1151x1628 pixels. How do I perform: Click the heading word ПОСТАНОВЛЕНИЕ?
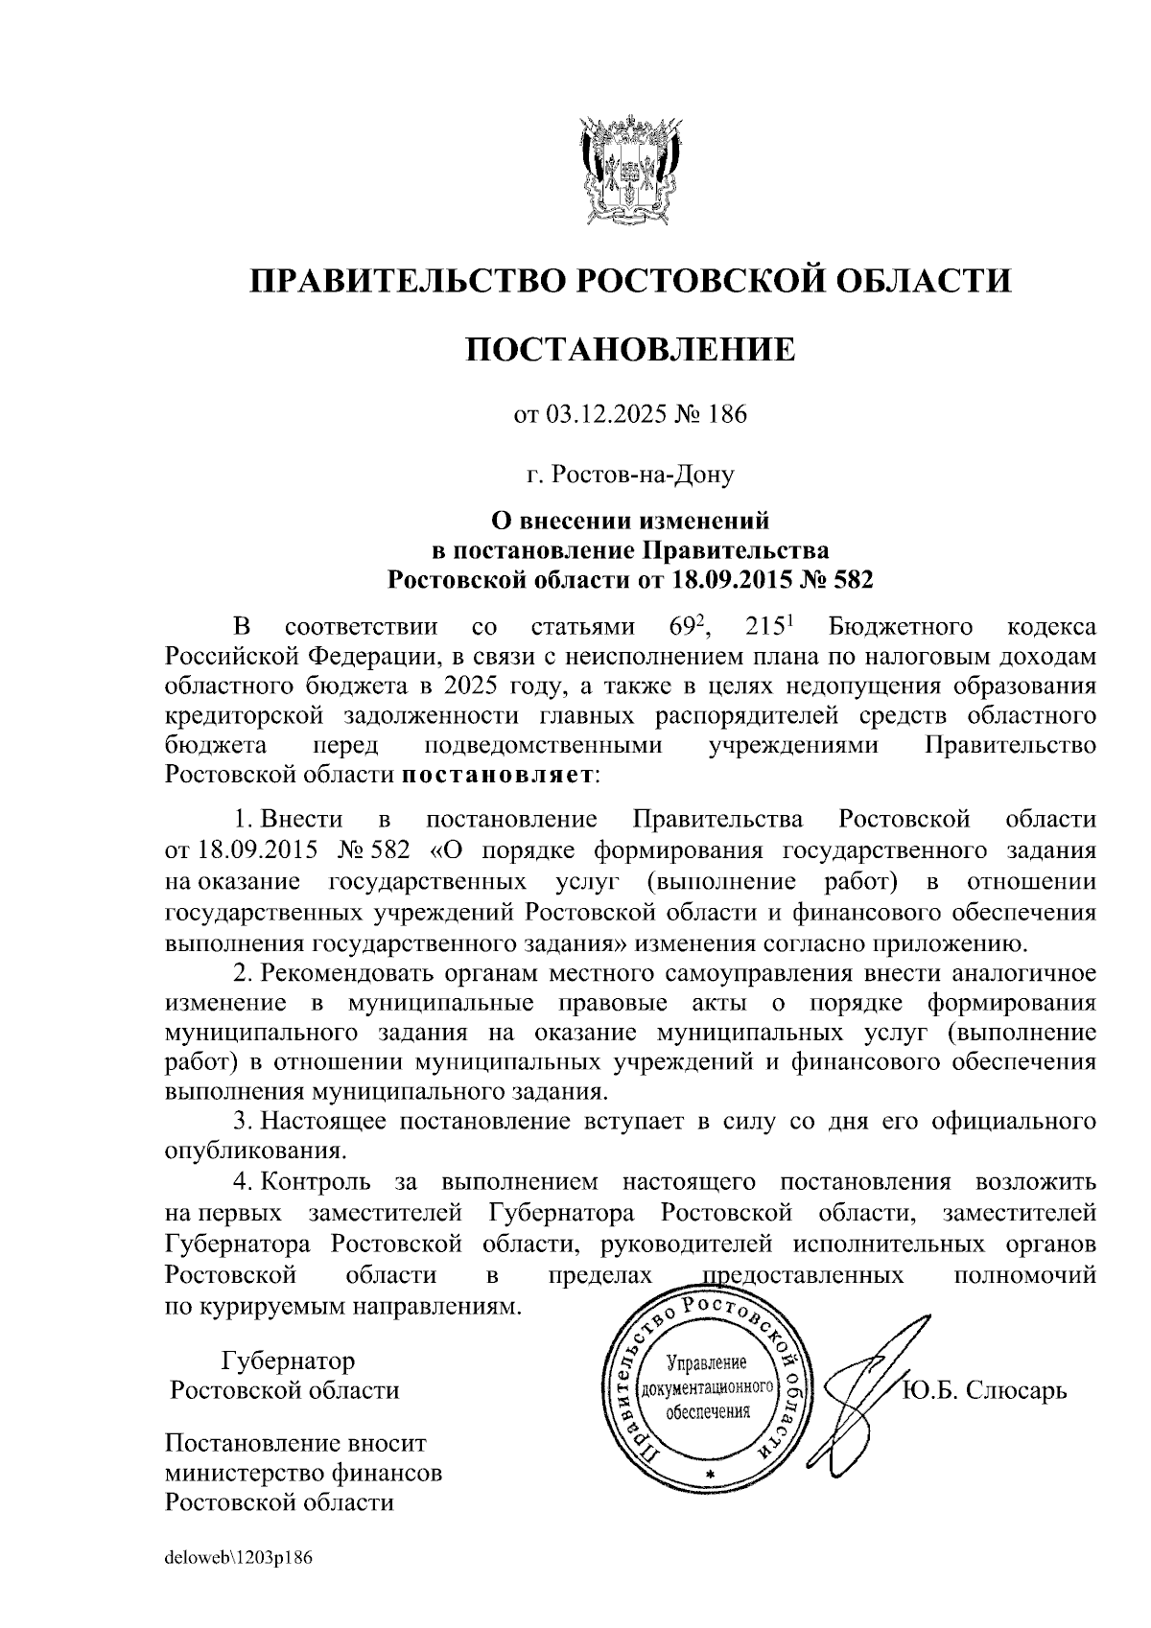pyautogui.click(x=630, y=350)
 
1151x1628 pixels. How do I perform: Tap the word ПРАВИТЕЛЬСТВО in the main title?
pyautogui.click(x=403, y=281)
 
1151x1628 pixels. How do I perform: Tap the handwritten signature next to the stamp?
pyautogui.click(x=868, y=1381)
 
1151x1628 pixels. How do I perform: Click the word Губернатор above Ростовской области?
pyautogui.click(x=288, y=1361)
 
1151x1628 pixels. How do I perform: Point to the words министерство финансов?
pyautogui.click(x=304, y=1473)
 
